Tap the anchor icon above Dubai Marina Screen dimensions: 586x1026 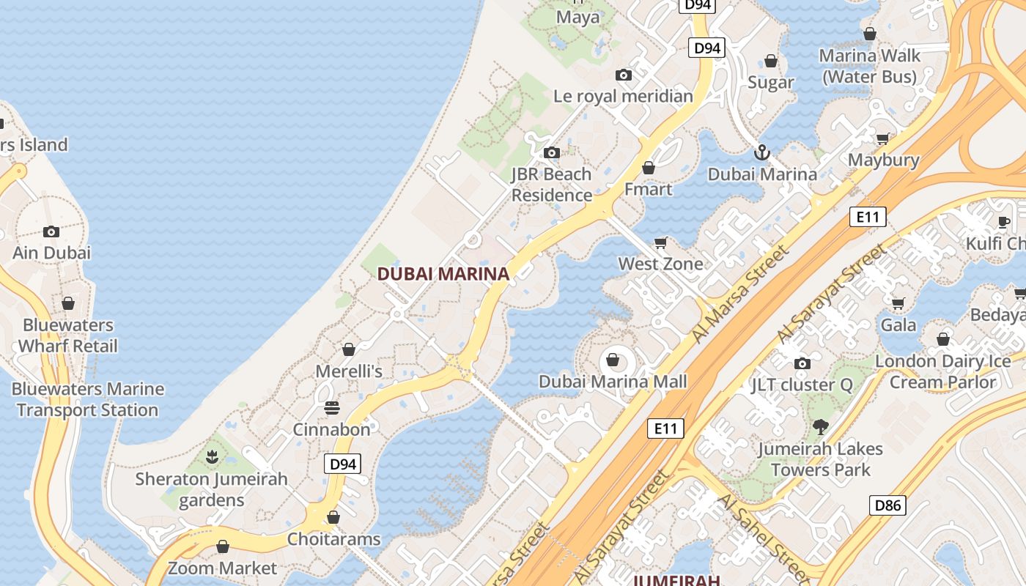coord(762,153)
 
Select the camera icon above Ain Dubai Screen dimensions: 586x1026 coord(51,231)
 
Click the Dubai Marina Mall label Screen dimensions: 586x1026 coord(613,382)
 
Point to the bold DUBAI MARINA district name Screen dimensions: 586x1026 coord(443,274)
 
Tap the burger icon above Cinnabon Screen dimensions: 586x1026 coord(332,407)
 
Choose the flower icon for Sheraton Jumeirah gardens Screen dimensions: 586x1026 coord(212,457)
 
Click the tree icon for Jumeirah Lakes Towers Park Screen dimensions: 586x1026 coord(820,426)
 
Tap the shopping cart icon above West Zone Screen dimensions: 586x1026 coord(660,242)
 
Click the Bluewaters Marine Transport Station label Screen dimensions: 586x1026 coord(88,399)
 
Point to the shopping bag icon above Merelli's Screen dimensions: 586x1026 coord(349,349)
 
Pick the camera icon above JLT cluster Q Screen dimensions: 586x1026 coord(802,363)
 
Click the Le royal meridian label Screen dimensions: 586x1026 coord(623,96)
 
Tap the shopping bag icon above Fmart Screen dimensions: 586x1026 coord(648,168)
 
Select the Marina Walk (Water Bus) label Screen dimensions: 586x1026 coord(869,66)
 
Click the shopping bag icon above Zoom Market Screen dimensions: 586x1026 coord(223,546)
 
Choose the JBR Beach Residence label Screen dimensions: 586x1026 coord(551,185)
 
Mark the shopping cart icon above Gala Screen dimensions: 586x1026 coord(898,303)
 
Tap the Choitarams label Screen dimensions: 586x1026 coord(333,539)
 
